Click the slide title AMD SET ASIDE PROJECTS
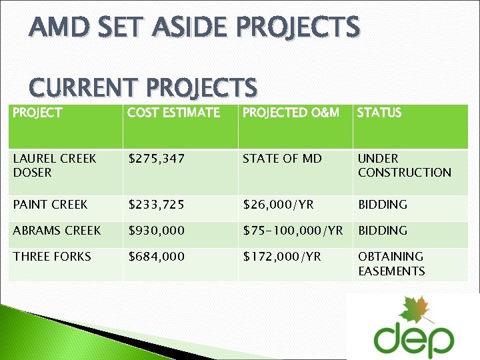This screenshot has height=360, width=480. click(x=195, y=28)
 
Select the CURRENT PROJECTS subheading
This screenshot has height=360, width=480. click(x=143, y=87)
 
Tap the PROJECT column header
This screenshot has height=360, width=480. click(x=37, y=113)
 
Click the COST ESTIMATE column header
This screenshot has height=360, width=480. click(x=173, y=113)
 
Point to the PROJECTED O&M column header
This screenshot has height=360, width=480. click(x=291, y=113)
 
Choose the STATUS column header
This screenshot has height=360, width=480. click(x=379, y=113)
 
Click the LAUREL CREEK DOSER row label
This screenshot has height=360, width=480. click(x=55, y=165)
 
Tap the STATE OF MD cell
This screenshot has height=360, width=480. click(x=282, y=159)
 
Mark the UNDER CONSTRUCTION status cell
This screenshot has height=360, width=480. click(x=404, y=165)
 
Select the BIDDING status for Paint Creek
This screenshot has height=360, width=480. click(x=383, y=205)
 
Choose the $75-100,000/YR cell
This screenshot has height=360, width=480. click(x=293, y=231)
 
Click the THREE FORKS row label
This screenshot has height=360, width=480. click(x=52, y=257)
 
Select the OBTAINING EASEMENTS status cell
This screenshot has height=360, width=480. click(x=391, y=263)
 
